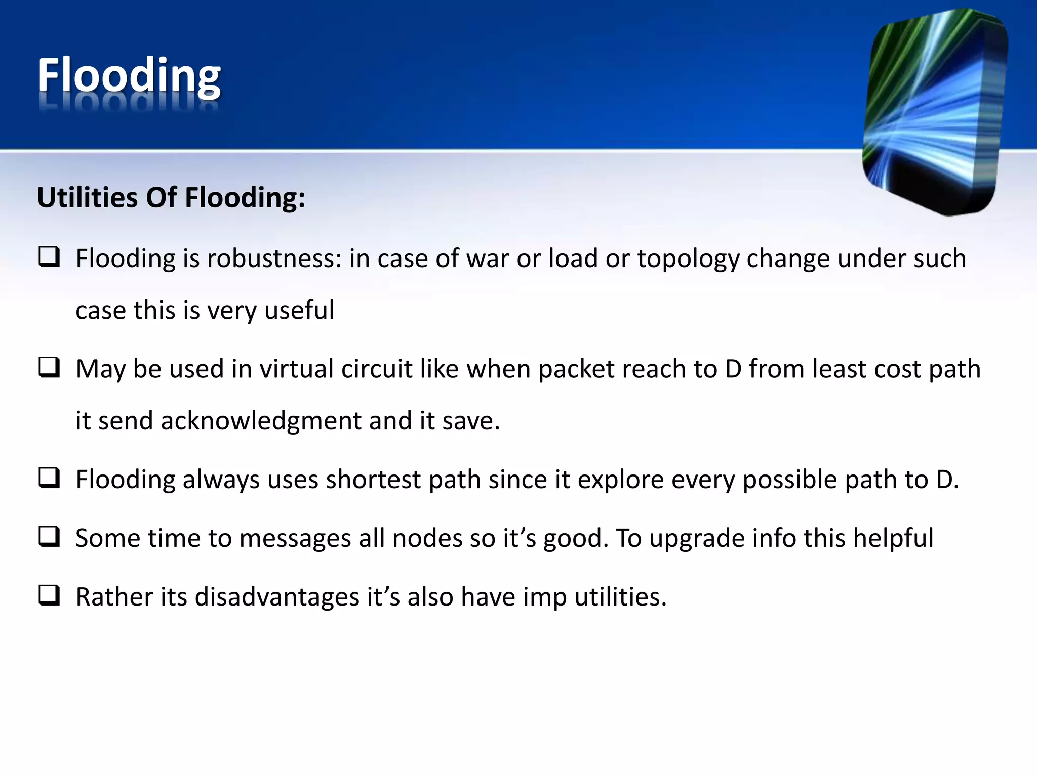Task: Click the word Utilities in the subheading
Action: pos(87,197)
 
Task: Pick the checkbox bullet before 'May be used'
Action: pos(50,368)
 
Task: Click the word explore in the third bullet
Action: pos(620,479)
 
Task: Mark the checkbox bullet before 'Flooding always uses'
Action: pos(50,478)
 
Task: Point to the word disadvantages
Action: pos(277,597)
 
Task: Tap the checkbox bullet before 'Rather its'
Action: pos(50,595)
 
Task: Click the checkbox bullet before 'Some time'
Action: pos(50,537)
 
